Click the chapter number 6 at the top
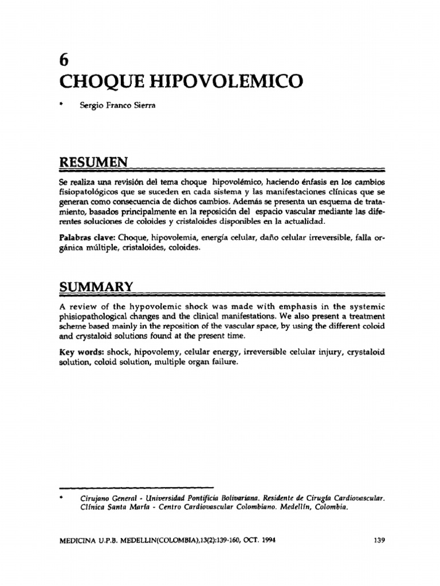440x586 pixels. click(x=64, y=61)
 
